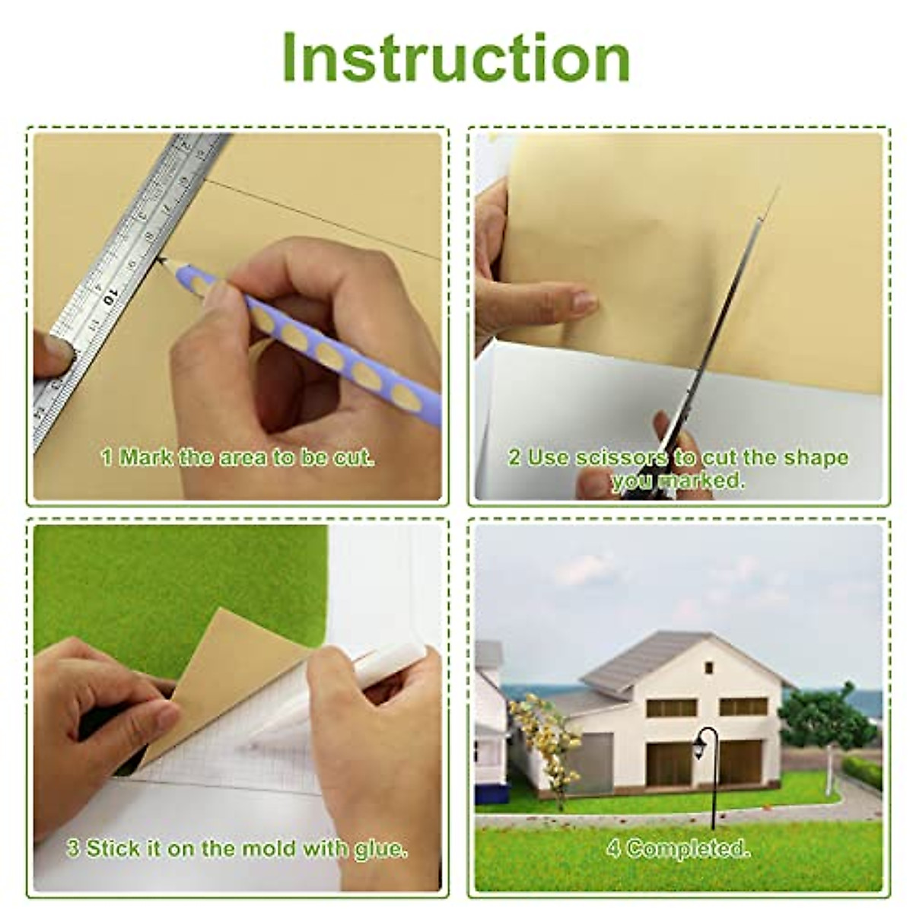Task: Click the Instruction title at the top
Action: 456,59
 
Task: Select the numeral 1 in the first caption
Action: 107,458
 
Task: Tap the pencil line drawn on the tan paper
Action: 320,221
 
